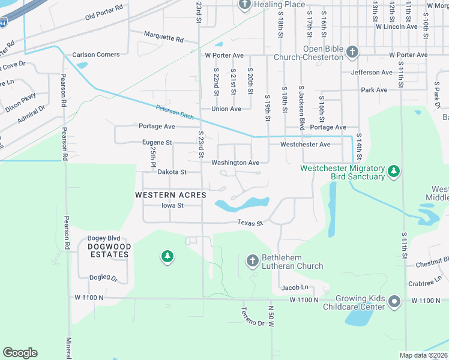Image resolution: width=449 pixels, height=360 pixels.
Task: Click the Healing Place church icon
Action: click(x=244, y=5)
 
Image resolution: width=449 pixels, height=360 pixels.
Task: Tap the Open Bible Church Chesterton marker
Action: click(x=352, y=53)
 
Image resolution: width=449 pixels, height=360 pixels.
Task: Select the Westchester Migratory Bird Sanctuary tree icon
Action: click(x=394, y=172)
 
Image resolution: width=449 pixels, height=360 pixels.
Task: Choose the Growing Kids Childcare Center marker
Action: click(x=394, y=301)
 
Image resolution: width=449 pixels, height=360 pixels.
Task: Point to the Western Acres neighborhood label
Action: click(x=170, y=195)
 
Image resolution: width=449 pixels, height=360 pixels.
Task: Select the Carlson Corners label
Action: click(x=96, y=55)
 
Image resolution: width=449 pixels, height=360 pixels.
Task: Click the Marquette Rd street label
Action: click(x=164, y=38)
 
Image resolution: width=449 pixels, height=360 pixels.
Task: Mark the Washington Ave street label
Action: click(x=235, y=163)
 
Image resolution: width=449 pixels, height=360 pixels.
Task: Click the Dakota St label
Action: click(x=172, y=172)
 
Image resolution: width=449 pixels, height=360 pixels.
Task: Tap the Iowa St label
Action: click(x=172, y=205)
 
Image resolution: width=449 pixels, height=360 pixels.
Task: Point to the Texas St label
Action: click(x=250, y=223)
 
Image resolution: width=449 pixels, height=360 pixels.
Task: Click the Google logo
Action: click(x=20, y=353)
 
